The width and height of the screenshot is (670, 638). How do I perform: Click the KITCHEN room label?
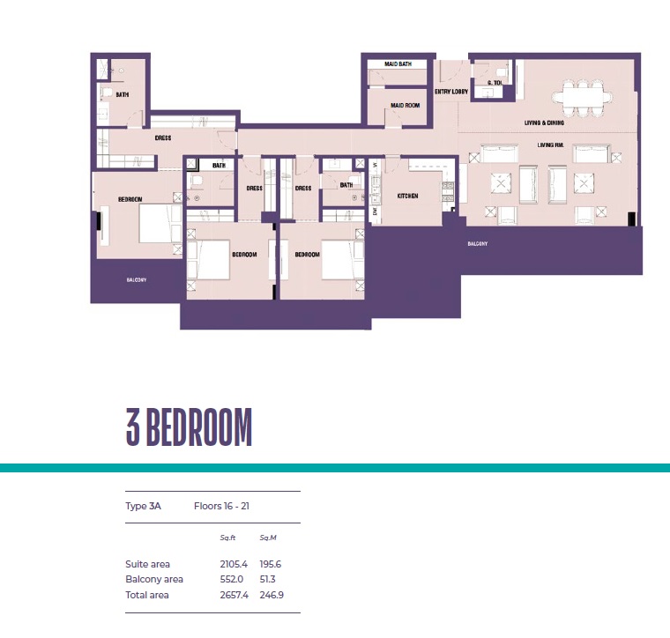[x=406, y=196]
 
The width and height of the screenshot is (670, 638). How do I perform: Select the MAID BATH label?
[x=398, y=64]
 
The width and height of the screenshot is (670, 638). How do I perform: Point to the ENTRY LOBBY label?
[x=450, y=91]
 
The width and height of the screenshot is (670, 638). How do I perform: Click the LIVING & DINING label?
[x=544, y=123]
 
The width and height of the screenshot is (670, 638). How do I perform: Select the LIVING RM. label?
[x=551, y=145]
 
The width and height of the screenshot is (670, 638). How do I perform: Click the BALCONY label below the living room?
[x=476, y=244]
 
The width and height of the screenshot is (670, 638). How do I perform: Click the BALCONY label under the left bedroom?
[x=136, y=280]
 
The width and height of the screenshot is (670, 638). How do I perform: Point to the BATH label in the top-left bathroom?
[x=122, y=94]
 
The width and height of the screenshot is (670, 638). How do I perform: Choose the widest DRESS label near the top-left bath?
[x=162, y=138]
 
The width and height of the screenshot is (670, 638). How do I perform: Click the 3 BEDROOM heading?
[x=189, y=428]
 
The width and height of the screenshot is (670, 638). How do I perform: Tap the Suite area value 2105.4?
[x=233, y=564]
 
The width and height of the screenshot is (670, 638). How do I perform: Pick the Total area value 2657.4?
[x=233, y=595]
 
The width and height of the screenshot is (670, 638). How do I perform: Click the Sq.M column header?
[x=268, y=538]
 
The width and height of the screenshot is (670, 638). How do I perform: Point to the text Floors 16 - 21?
[x=224, y=507]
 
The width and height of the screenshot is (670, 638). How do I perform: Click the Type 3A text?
[x=144, y=507]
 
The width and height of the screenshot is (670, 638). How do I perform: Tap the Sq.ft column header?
[x=229, y=538]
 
